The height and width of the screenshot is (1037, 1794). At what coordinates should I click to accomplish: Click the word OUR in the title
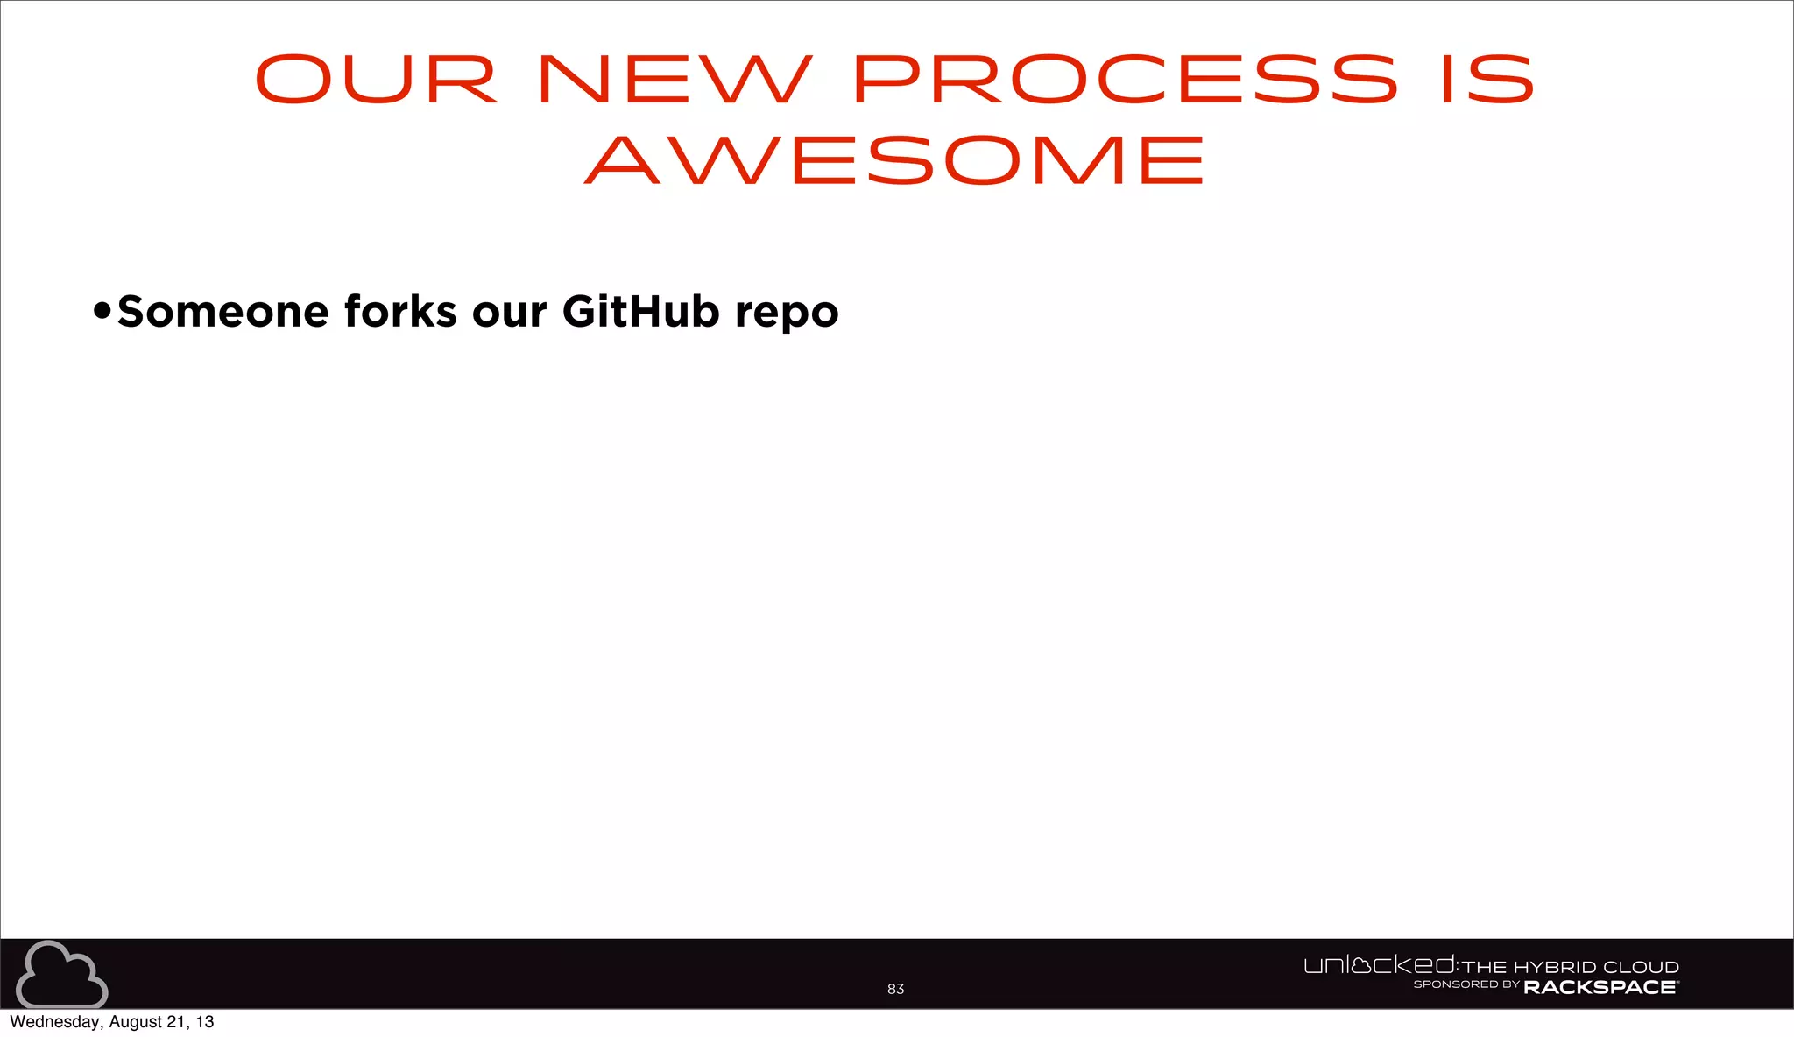(x=376, y=80)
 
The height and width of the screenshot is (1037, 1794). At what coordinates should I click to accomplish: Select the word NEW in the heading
(x=675, y=80)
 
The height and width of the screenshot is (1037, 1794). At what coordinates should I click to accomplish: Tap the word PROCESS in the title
(x=1125, y=80)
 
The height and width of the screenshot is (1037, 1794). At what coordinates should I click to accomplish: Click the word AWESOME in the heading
(x=895, y=160)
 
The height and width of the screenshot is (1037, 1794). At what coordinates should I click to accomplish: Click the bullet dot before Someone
(x=102, y=311)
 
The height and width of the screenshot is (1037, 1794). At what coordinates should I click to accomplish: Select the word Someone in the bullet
(x=222, y=312)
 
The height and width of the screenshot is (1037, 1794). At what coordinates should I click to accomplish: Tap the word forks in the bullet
(x=400, y=312)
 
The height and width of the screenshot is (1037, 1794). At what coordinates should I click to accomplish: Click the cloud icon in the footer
(x=61, y=975)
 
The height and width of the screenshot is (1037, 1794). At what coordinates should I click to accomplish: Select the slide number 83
(x=895, y=989)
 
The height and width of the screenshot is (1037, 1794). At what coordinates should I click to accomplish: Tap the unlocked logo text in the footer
(x=1379, y=965)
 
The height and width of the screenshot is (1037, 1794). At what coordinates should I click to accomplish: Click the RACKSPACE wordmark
(x=1600, y=987)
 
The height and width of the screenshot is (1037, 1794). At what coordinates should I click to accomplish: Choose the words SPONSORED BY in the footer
(x=1466, y=984)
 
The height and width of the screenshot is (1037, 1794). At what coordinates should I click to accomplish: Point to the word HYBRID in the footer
(x=1555, y=967)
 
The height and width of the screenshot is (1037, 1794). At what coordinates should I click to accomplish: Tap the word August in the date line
(x=135, y=1022)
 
